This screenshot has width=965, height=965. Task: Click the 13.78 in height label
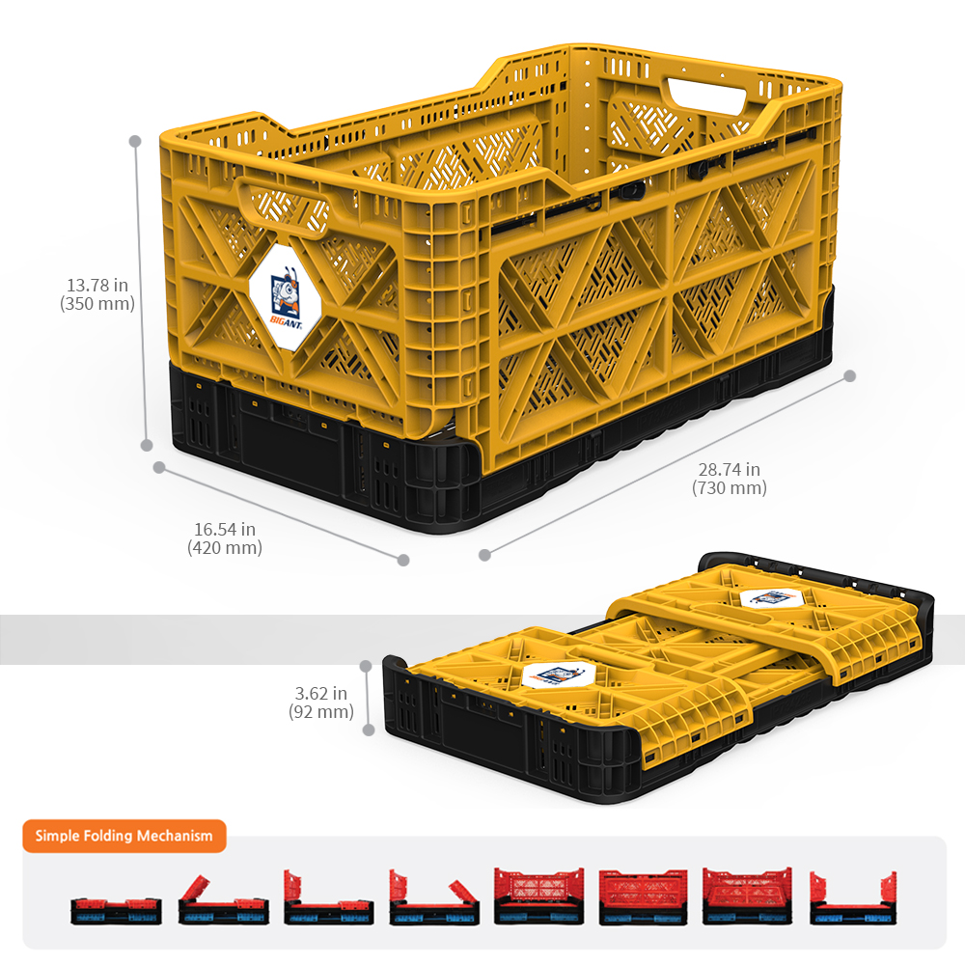tap(97, 285)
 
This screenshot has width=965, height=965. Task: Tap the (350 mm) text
tap(97, 303)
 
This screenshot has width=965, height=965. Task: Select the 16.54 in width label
tap(225, 529)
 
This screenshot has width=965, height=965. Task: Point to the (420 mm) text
tap(225, 548)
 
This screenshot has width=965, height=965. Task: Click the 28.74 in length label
tap(730, 470)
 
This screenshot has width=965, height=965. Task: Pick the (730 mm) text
tap(730, 488)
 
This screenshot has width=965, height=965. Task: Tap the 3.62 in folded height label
tap(321, 694)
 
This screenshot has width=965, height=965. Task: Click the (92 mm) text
tap(321, 712)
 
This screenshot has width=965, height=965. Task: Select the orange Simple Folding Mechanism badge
tap(124, 836)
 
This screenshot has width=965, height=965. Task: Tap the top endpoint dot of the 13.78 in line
tap(135, 142)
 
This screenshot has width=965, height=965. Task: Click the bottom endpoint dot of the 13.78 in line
tap(147, 445)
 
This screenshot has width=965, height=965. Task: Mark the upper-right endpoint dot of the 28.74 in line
tap(850, 376)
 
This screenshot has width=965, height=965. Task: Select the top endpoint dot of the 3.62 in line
tap(366, 666)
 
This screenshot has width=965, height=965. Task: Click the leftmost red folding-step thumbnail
tap(117, 911)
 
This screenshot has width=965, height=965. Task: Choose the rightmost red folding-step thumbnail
tap(853, 898)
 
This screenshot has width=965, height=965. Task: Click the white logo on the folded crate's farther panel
tap(771, 597)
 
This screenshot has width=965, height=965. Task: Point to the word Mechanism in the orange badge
tap(175, 836)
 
